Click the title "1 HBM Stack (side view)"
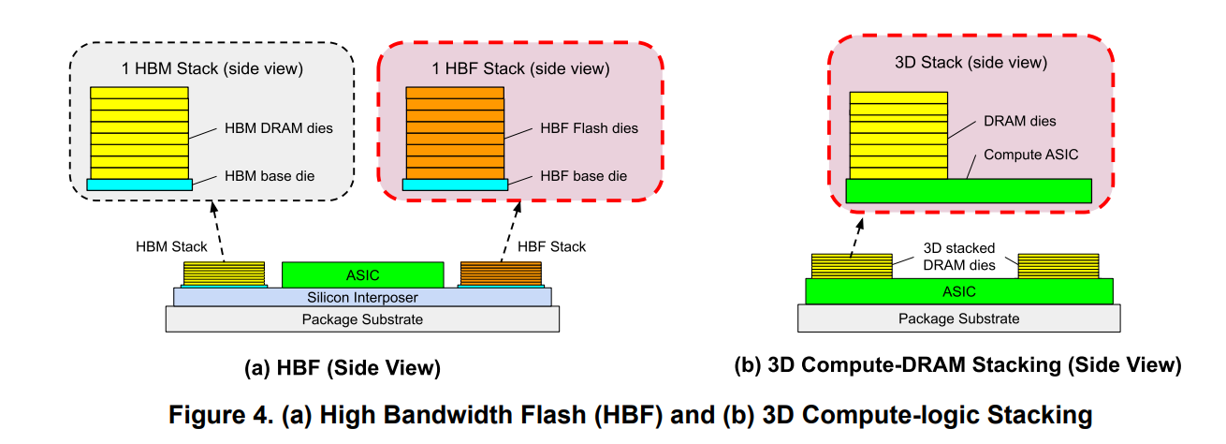pos(212,68)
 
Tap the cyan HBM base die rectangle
pos(139,185)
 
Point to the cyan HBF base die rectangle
pos(455,185)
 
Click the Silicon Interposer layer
pos(362,297)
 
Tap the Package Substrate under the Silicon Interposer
pos(362,319)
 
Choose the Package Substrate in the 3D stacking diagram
pos(958,318)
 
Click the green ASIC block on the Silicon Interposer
pos(362,274)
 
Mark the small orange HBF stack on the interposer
pos(501,274)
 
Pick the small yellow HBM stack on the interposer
pos(224,274)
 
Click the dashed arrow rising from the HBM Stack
pos(219,229)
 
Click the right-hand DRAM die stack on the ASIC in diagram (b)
pos(1058,265)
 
